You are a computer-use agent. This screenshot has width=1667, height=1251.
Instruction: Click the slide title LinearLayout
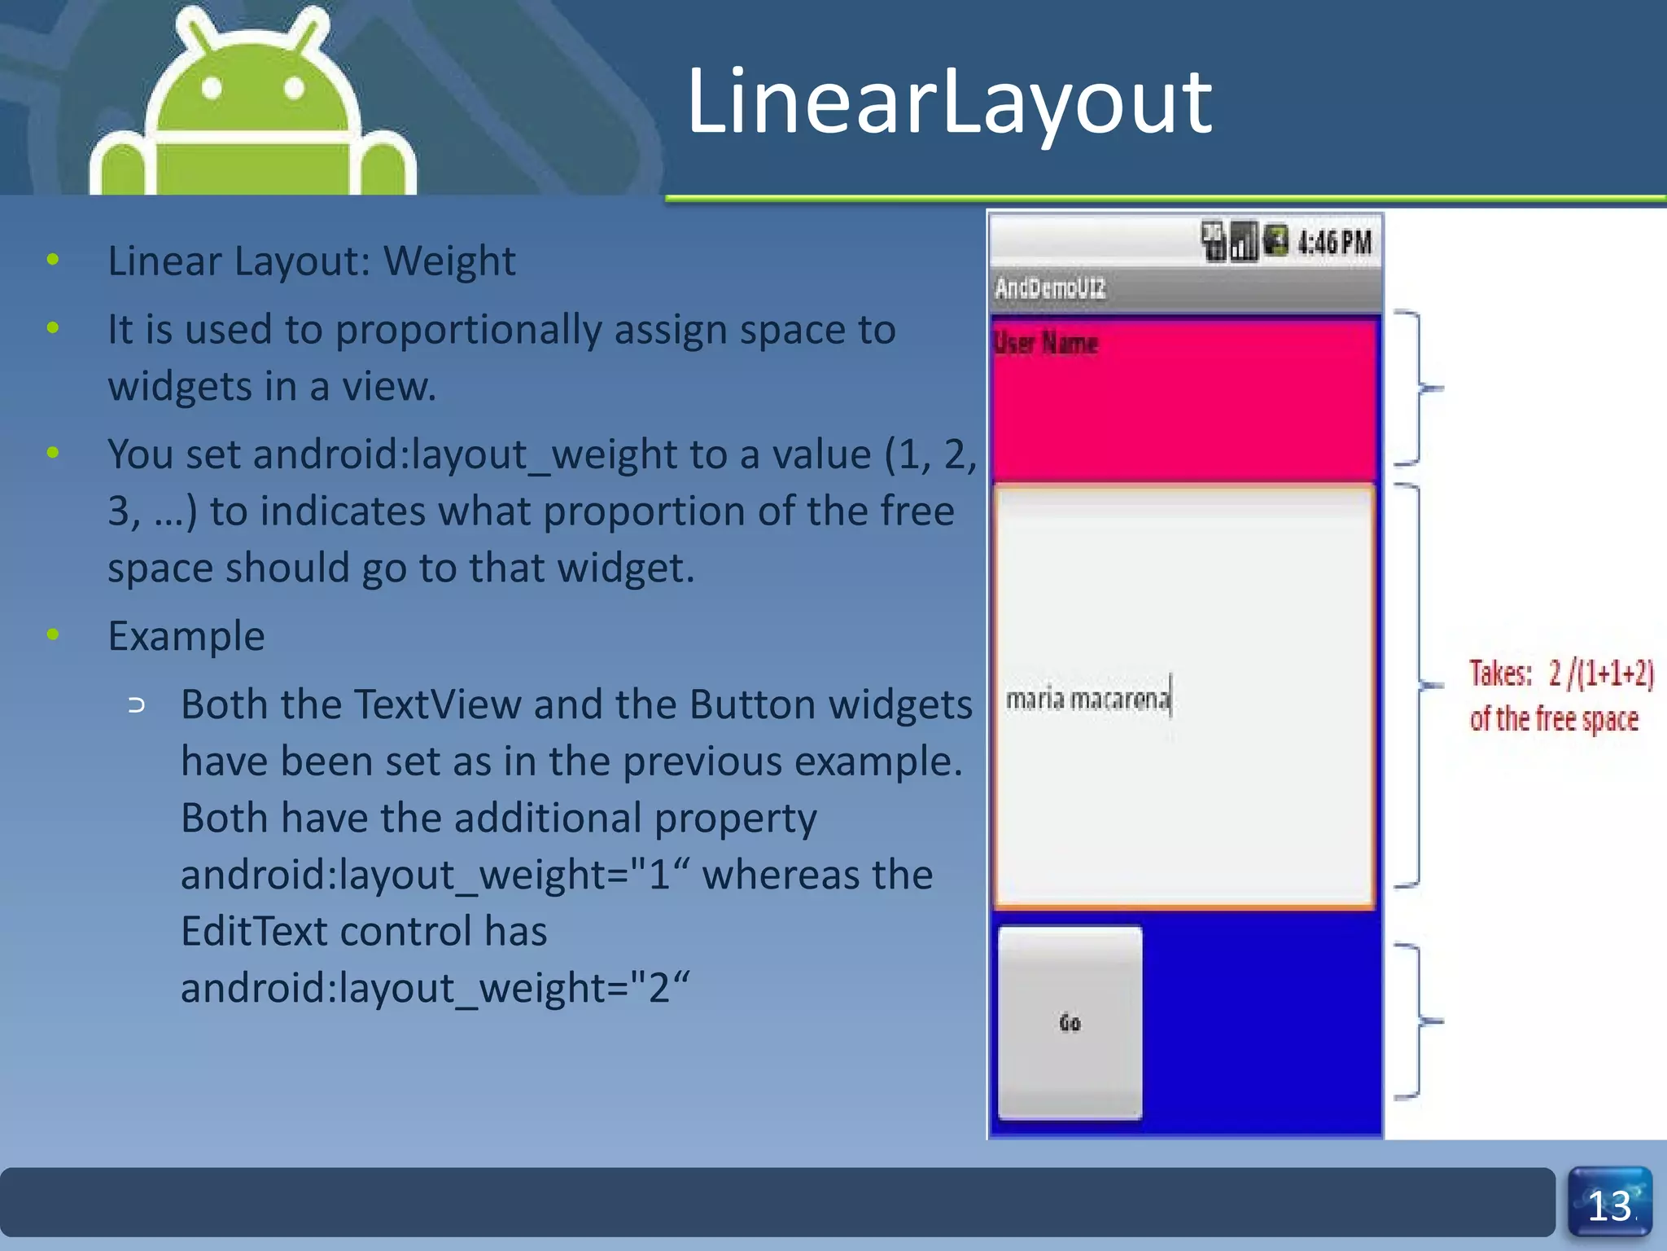tap(949, 103)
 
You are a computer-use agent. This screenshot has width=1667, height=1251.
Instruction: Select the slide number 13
tap(1609, 1205)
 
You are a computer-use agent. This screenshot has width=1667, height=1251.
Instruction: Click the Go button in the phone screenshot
tap(1070, 1023)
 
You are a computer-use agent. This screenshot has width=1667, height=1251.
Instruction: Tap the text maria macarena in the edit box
tap(1087, 699)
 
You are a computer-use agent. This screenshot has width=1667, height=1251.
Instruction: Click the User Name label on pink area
tap(1046, 343)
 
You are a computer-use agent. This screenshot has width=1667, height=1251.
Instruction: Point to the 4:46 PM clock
tap(1335, 243)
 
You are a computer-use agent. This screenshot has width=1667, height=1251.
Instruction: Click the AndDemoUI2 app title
tap(1050, 288)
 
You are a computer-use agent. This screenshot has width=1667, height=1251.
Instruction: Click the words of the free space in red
tap(1553, 720)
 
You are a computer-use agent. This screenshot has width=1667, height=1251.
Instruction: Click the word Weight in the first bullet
tap(449, 261)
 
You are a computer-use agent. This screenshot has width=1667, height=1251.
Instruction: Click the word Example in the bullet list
tap(186, 636)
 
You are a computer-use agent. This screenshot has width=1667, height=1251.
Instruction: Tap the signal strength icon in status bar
tap(1243, 242)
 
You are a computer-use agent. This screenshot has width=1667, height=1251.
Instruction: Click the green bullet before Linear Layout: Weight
tap(53, 261)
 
